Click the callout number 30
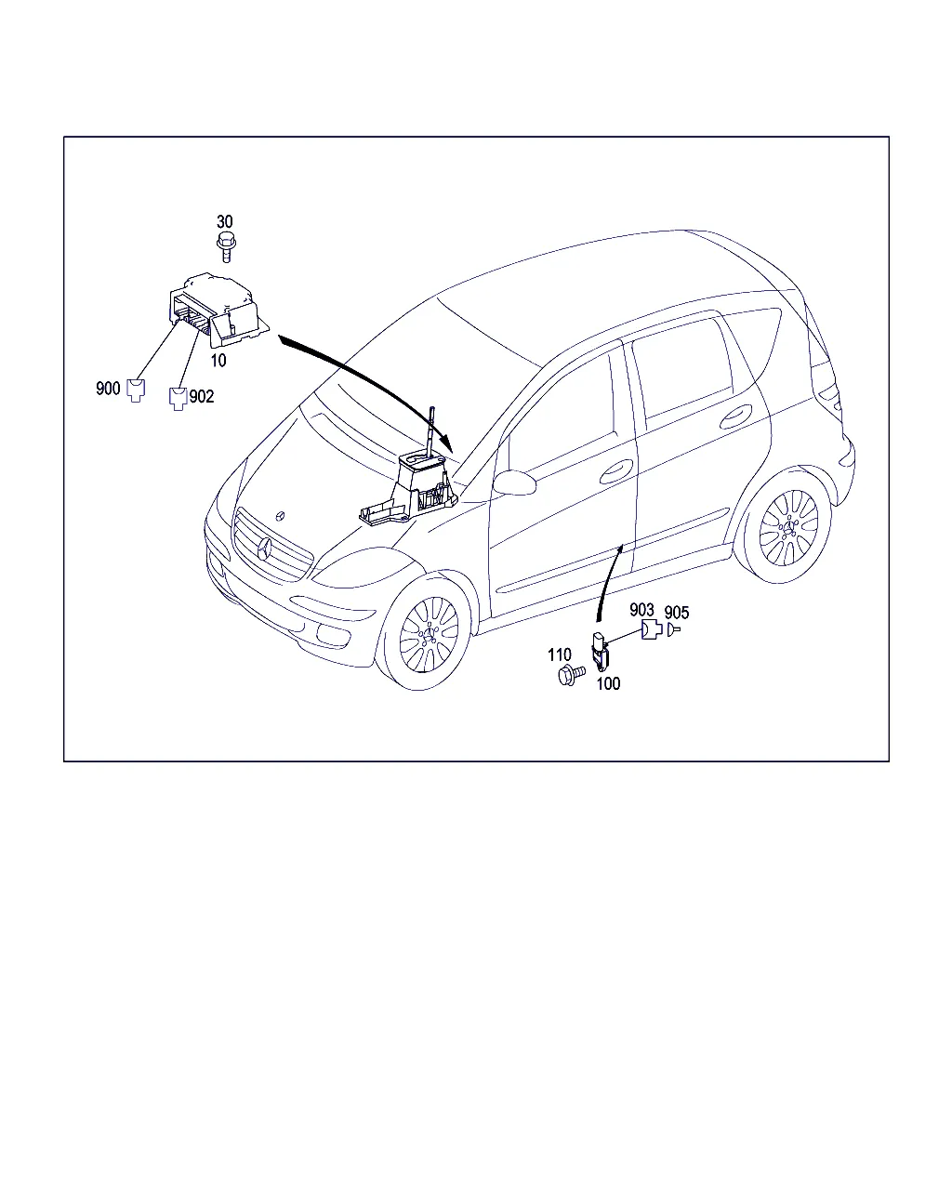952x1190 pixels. click(224, 222)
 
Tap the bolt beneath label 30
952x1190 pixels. click(226, 247)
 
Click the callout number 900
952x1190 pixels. click(108, 389)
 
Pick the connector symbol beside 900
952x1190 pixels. click(136, 390)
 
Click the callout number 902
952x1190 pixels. click(202, 396)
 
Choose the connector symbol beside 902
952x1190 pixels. click(178, 399)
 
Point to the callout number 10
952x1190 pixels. click(218, 361)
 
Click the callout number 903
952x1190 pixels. click(641, 610)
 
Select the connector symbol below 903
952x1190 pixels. click(651, 629)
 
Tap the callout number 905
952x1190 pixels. click(677, 613)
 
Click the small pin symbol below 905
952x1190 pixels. click(673, 629)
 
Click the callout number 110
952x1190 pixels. click(560, 655)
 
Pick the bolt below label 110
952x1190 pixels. click(571, 675)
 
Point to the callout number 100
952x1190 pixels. click(608, 684)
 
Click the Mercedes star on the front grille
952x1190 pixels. click(265, 549)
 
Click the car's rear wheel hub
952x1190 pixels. click(788, 528)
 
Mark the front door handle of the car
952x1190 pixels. click(616, 471)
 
